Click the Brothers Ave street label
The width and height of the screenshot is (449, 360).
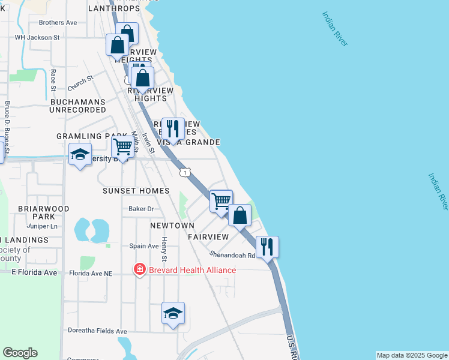(x=58, y=23)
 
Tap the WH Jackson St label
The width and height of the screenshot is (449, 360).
(x=37, y=37)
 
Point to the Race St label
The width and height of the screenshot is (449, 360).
(x=53, y=80)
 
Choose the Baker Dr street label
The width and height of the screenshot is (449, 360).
(x=141, y=209)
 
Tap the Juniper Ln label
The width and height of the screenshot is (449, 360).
(x=42, y=226)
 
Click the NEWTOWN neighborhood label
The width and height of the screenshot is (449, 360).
(x=172, y=226)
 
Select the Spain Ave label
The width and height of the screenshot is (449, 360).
(x=143, y=246)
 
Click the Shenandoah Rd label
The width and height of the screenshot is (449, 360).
(x=232, y=254)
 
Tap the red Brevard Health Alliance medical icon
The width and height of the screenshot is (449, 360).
(x=140, y=270)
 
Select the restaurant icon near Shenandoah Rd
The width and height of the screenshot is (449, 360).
(x=267, y=246)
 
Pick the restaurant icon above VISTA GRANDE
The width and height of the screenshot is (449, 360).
(x=173, y=128)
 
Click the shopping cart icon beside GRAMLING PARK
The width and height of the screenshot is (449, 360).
(x=122, y=146)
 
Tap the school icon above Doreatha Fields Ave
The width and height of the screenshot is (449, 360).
(x=173, y=313)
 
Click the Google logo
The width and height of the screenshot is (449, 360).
(x=20, y=353)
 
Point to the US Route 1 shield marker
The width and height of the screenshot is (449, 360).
(x=185, y=173)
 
